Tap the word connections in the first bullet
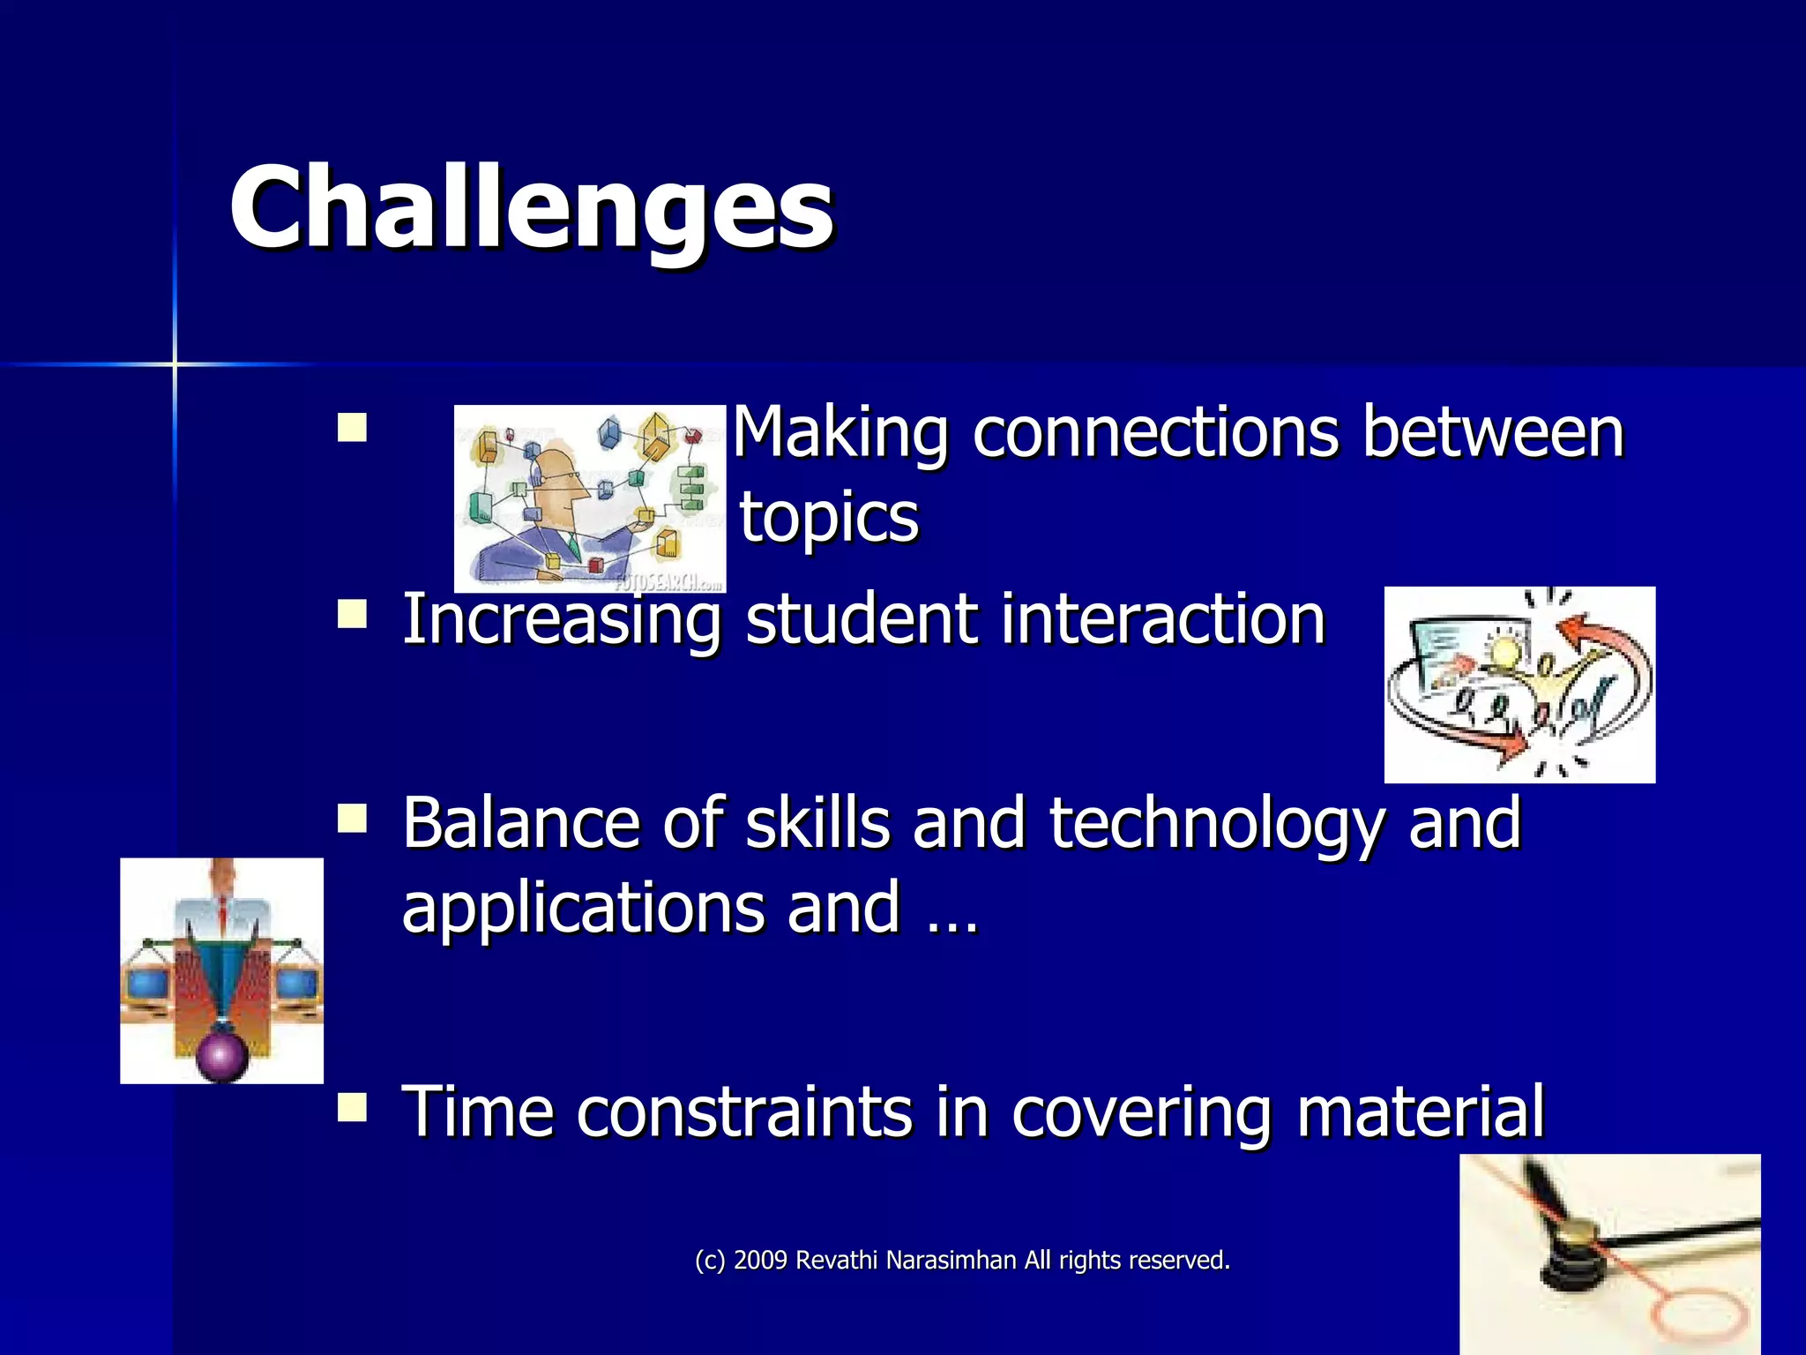pyautogui.click(x=1154, y=432)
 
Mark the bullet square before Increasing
pyautogui.click(x=352, y=614)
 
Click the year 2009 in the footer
pyautogui.click(x=760, y=1261)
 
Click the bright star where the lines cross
pyautogui.click(x=175, y=363)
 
